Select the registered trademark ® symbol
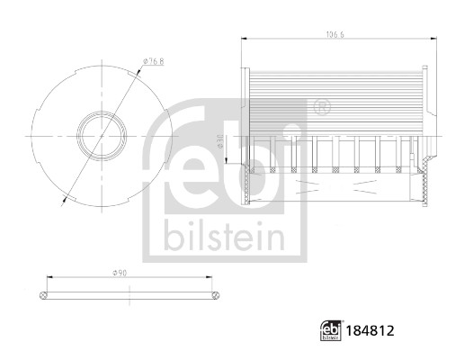[321, 109]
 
